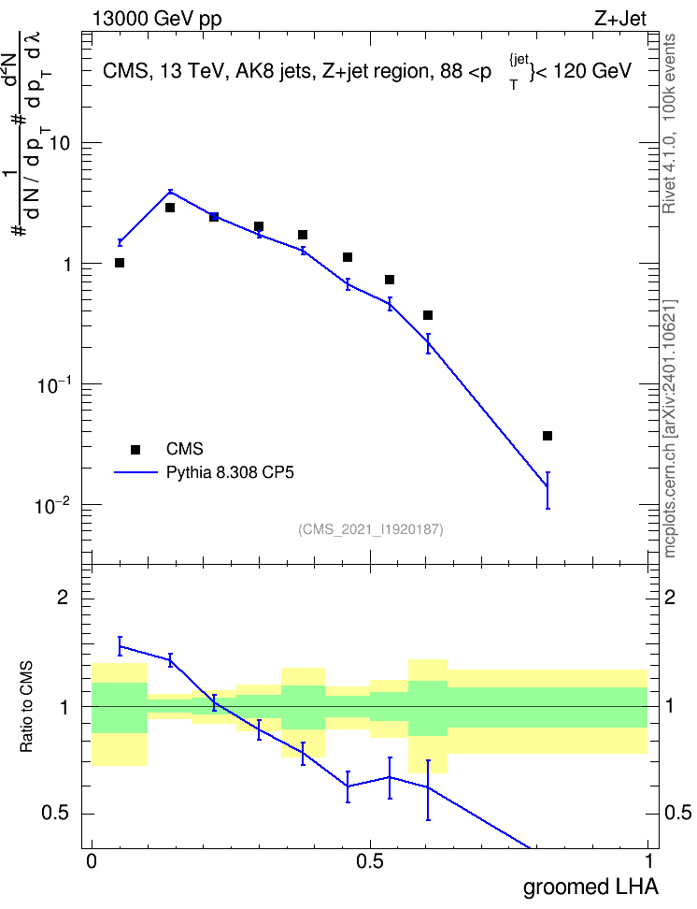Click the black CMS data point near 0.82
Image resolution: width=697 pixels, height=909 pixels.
547,436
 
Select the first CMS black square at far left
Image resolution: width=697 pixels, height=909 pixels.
120,263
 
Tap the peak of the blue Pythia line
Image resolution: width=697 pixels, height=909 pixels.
170,192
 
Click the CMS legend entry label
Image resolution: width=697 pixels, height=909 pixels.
184,449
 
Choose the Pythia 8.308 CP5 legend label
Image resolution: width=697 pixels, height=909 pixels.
230,472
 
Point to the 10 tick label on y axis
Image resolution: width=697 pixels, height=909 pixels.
59,142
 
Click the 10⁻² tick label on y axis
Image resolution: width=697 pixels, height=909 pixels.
52,506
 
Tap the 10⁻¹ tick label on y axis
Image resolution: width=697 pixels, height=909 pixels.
53,384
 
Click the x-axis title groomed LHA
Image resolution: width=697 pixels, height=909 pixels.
590,887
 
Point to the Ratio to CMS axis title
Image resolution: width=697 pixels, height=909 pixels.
26,706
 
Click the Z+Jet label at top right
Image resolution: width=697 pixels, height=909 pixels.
620,19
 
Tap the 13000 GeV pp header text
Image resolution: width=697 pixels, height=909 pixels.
157,19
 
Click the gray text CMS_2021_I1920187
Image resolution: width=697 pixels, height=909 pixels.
371,529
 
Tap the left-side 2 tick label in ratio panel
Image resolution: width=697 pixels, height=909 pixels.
63,597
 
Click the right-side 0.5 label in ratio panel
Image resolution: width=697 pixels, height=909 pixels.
678,813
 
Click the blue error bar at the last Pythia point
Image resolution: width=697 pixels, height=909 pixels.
547,490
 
